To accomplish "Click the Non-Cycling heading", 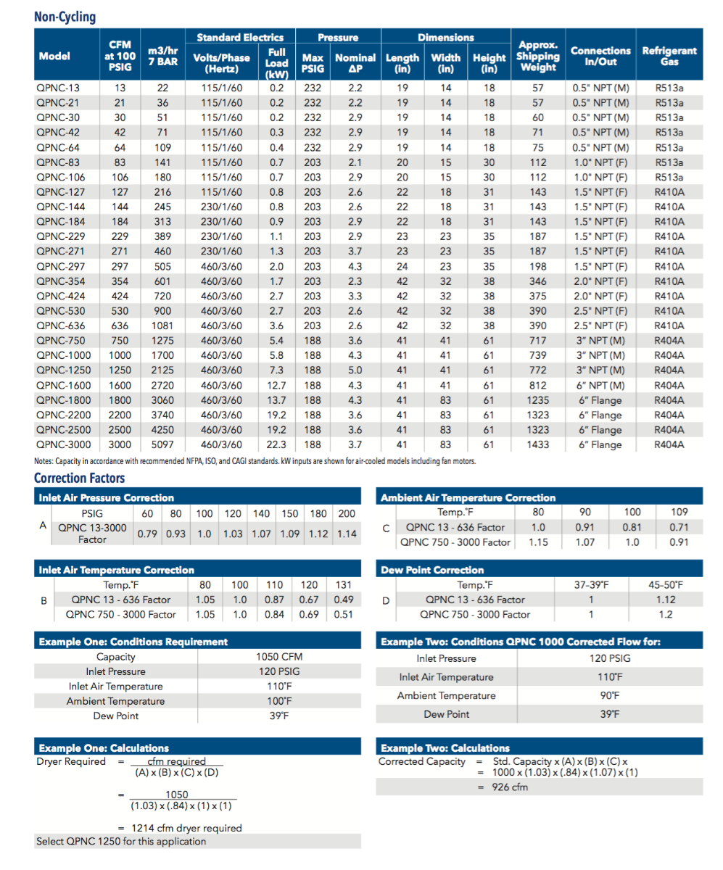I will [65, 17].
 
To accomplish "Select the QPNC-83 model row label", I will [58, 162].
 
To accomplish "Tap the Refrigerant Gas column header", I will [669, 56].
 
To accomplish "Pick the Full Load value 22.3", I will [276, 445].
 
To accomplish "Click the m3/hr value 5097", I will [162, 445].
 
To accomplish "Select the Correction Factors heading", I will [79, 478].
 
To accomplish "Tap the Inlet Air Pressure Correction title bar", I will [106, 498].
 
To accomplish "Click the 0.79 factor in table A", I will [148, 534].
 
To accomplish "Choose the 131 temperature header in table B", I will [343, 585].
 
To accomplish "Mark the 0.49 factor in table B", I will [343, 600].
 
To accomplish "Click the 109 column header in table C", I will [679, 513].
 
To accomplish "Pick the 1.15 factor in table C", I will [538, 542].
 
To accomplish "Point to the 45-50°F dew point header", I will [665, 585].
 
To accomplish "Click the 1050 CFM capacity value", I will [279, 657].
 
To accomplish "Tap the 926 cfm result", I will [511, 787].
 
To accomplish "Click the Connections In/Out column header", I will [600, 56].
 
